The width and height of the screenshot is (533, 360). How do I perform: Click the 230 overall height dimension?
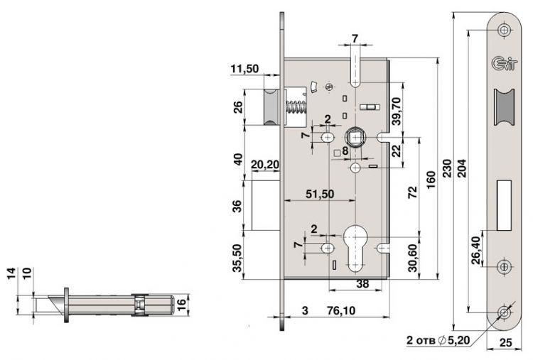(x=446, y=168)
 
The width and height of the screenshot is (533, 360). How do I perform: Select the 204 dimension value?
(x=462, y=168)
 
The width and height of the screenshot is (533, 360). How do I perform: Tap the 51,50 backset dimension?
(x=320, y=194)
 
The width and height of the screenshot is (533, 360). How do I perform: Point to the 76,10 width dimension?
(x=341, y=310)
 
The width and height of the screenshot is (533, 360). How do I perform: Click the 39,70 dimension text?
(x=397, y=111)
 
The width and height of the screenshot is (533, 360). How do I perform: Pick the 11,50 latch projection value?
(x=244, y=69)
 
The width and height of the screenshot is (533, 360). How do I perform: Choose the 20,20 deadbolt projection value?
(x=265, y=165)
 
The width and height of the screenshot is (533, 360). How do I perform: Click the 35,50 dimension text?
(x=237, y=258)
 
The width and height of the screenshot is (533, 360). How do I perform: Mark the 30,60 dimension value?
(x=412, y=258)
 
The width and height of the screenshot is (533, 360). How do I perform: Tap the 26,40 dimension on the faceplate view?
(x=476, y=251)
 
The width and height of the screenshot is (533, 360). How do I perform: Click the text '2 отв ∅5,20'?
(x=438, y=340)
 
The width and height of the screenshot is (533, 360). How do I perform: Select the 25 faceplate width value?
(x=505, y=342)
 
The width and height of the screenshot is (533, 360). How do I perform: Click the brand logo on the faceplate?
(x=505, y=63)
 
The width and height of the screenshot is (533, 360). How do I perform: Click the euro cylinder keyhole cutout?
(x=356, y=249)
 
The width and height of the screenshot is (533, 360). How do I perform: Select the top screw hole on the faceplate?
(x=505, y=30)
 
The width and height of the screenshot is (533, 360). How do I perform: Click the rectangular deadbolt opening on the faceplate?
(x=504, y=206)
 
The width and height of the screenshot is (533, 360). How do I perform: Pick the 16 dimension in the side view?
(x=181, y=302)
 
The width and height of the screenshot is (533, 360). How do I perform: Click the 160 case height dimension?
(x=431, y=180)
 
